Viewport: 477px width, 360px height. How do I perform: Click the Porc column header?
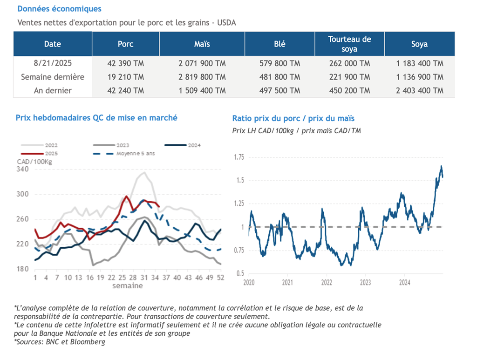pyautogui.click(x=126, y=44)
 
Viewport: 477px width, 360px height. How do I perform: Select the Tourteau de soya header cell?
pyautogui.click(x=349, y=44)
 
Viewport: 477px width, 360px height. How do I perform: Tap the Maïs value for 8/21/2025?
pyautogui.click(x=202, y=63)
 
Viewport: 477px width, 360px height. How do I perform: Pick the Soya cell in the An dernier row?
pyautogui.click(x=420, y=91)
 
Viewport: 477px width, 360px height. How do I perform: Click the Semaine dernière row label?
pyautogui.click(x=53, y=77)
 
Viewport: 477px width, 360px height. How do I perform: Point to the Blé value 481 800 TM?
pyautogui.click(x=279, y=77)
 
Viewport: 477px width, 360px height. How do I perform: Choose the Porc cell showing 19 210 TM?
pyautogui.click(x=126, y=77)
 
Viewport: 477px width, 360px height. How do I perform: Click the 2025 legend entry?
pyautogui.click(x=39, y=154)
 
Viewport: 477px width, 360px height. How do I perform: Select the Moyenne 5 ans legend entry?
pyautogui.click(x=124, y=154)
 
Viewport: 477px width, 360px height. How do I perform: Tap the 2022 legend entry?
pyautogui.click(x=39, y=145)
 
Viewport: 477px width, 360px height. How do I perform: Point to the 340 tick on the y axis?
pyautogui.click(x=22, y=169)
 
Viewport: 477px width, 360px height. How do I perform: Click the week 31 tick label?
pyautogui.click(x=144, y=278)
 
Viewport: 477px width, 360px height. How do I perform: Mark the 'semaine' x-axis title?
pyautogui.click(x=128, y=286)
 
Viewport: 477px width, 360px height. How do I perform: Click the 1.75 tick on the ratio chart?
pyautogui.click(x=239, y=157)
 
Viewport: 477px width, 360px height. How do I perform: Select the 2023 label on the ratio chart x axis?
pyautogui.click(x=365, y=283)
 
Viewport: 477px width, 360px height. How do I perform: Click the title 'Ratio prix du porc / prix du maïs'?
pyautogui.click(x=293, y=118)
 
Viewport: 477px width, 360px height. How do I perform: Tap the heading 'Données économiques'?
pyautogui.click(x=59, y=9)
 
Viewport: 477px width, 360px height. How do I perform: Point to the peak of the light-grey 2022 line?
pyautogui.click(x=144, y=172)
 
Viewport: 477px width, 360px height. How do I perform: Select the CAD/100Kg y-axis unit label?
pyautogui.click(x=34, y=162)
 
